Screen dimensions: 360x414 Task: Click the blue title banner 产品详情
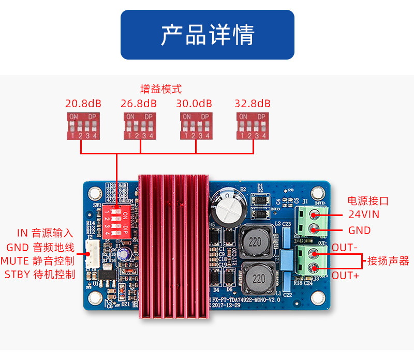[x=207, y=35]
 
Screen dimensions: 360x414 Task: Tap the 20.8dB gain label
[x=83, y=103]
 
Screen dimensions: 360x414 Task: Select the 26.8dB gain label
[x=139, y=103]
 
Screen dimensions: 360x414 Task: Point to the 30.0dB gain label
[x=195, y=103]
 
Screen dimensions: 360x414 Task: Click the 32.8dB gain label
[x=253, y=103]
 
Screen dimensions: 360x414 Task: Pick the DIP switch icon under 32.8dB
[x=253, y=126]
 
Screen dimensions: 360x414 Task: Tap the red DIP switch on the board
[x=116, y=221]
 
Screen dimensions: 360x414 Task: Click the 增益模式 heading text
[x=161, y=89]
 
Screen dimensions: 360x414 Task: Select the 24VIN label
[x=363, y=214]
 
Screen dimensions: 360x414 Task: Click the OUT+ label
[x=346, y=275]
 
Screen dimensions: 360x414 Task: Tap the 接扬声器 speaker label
[x=388, y=261]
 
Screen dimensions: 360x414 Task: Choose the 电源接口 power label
[x=368, y=201]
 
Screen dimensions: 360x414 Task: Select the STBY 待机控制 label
[x=40, y=275]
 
